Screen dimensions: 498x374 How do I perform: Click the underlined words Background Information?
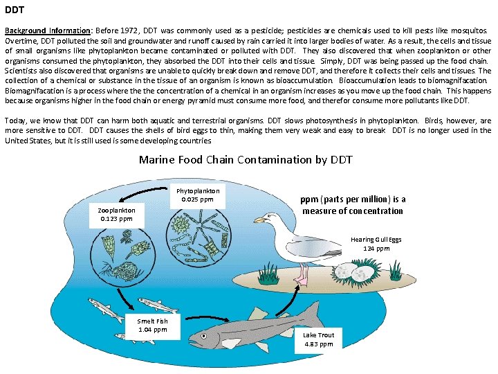click(47, 31)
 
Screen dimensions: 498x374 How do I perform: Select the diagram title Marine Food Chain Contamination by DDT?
click(246, 159)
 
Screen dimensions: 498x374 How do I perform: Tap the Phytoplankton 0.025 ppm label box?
click(198, 195)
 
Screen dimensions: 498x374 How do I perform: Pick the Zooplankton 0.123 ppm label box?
click(116, 214)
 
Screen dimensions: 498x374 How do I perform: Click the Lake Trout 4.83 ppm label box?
click(318, 339)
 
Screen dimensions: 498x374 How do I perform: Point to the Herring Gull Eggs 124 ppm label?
click(376, 244)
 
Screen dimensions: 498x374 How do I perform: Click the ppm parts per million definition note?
click(352, 205)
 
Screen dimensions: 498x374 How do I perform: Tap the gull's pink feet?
click(301, 278)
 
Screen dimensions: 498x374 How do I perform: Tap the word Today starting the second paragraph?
click(16, 121)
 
